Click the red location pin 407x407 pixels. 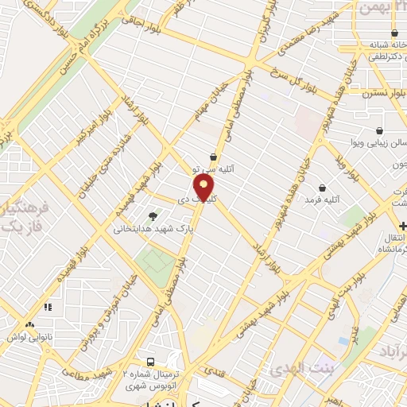(x=204, y=188)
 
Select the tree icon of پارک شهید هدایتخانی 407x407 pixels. (x=153, y=215)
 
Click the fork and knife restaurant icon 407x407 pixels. (x=47, y=306)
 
